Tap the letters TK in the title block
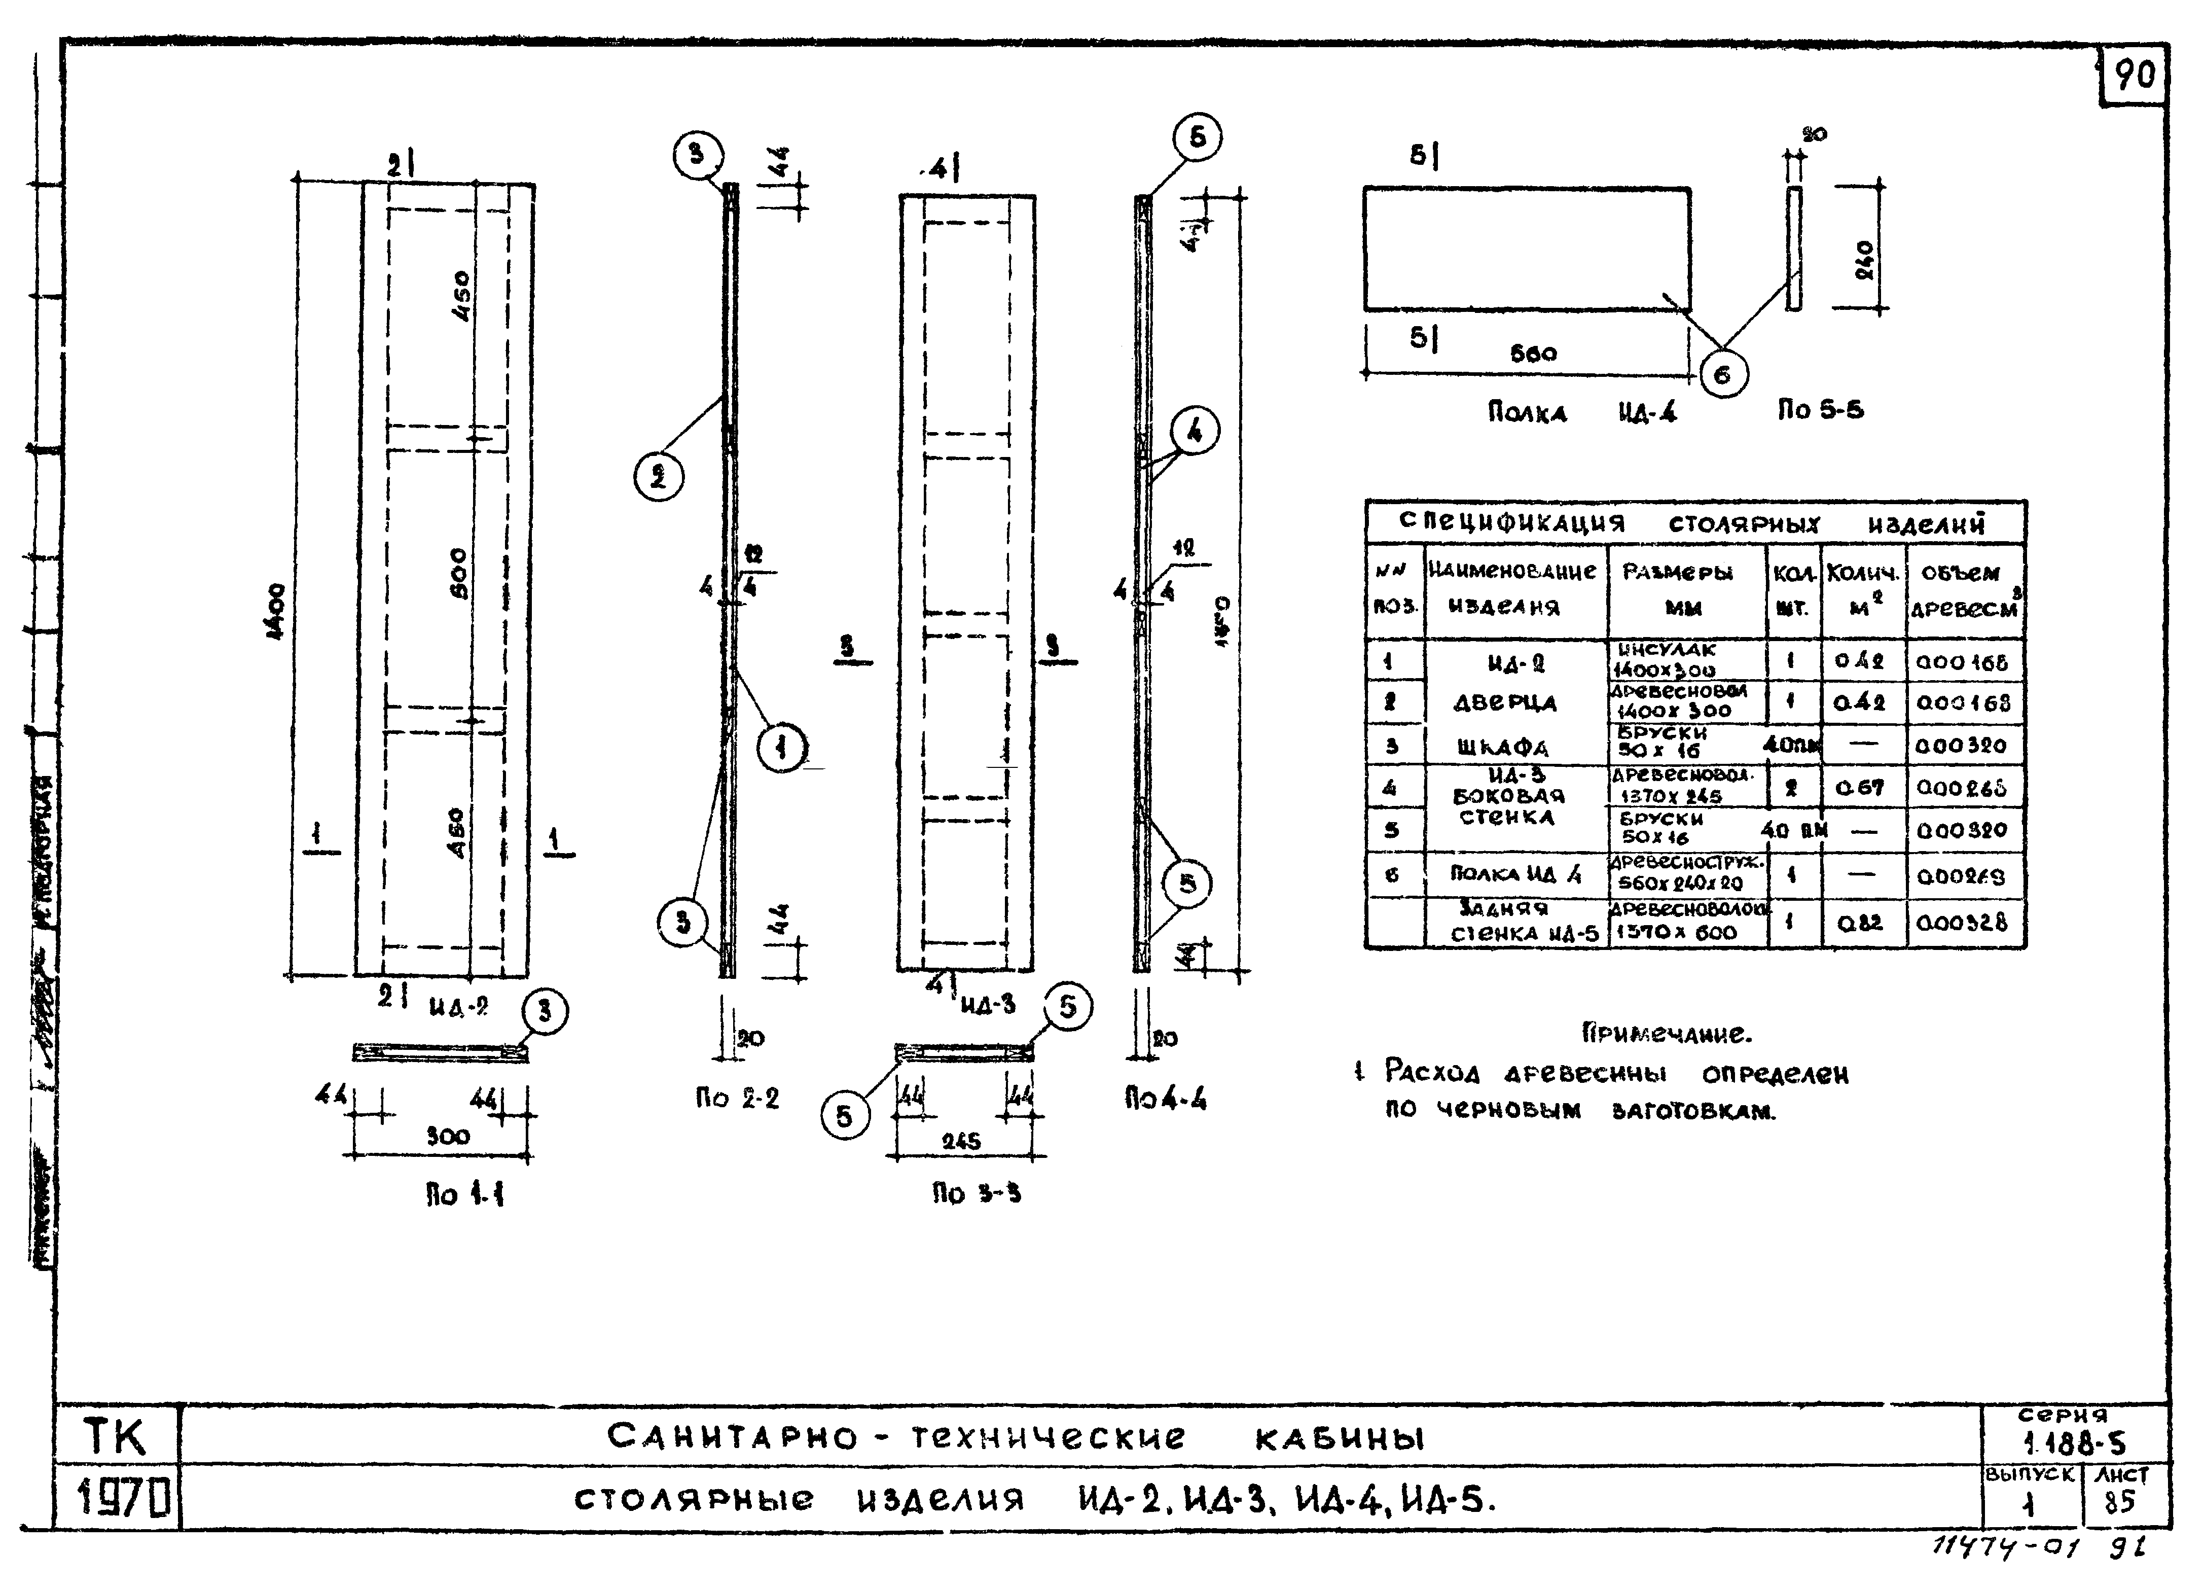pyautogui.click(x=115, y=1436)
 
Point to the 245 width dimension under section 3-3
pyautogui.click(x=961, y=1141)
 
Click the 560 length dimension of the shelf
pyautogui.click(x=1533, y=354)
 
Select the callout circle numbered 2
pyautogui.click(x=659, y=477)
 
